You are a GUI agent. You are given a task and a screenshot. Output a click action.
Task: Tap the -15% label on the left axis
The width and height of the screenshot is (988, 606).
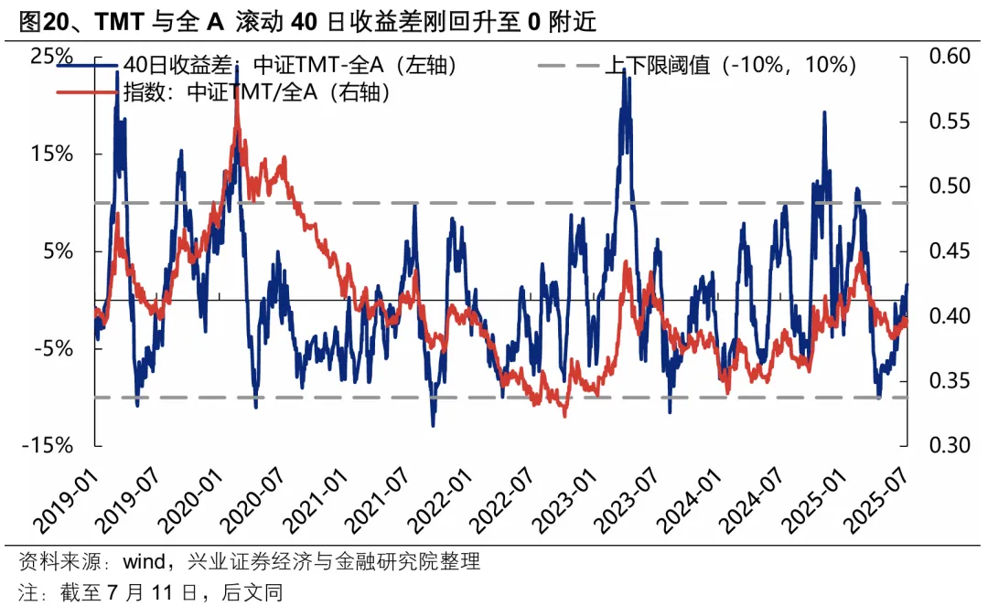click(x=48, y=445)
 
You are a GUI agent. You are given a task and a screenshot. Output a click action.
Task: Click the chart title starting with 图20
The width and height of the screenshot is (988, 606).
click(x=306, y=20)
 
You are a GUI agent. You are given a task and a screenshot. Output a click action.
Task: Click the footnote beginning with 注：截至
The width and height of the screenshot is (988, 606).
click(x=151, y=591)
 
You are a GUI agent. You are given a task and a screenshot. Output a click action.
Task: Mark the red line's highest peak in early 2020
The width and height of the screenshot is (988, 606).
click(x=237, y=91)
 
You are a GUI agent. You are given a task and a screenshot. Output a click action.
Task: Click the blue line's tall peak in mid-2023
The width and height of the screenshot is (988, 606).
click(x=624, y=69)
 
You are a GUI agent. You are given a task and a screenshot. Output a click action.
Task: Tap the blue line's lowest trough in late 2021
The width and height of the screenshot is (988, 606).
click(x=433, y=425)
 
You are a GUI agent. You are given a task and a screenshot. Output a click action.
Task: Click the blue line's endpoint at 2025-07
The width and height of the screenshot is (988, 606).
click(x=907, y=284)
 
